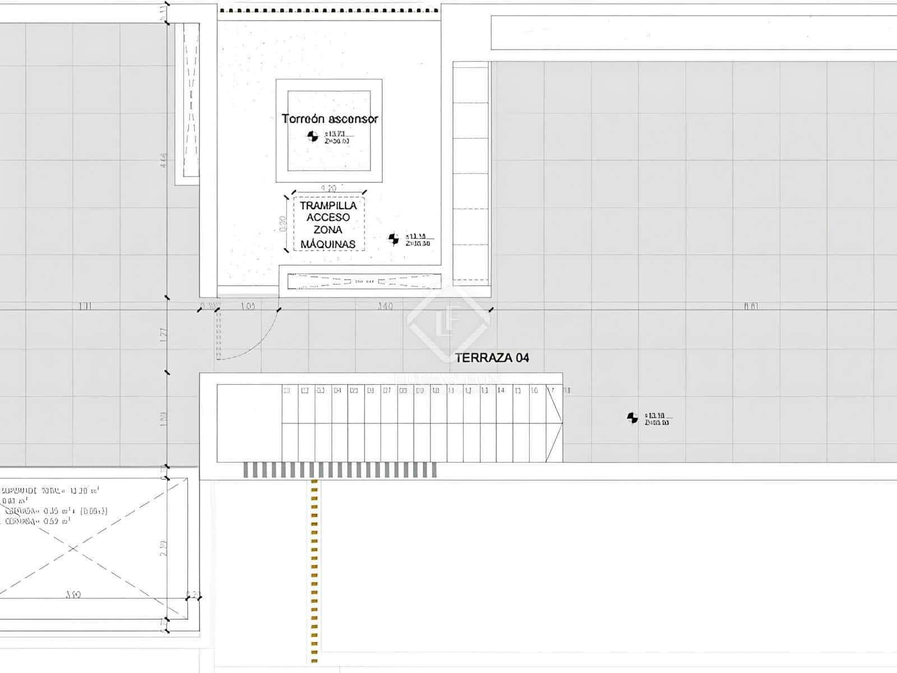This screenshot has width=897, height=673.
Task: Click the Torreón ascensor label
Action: [x=329, y=119]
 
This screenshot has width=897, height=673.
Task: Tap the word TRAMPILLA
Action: [x=328, y=206]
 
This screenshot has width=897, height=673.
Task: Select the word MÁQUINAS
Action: [x=328, y=244]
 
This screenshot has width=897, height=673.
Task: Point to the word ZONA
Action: [x=328, y=230]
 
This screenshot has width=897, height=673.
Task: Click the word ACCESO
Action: [x=328, y=218]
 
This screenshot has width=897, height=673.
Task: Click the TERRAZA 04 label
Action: [x=492, y=358]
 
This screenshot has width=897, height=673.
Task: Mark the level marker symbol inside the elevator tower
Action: [x=312, y=136]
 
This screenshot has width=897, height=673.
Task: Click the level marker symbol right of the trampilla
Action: [x=394, y=239]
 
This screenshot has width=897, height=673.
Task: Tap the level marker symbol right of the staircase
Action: [x=632, y=418]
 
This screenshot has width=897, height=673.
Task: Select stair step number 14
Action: [x=501, y=390]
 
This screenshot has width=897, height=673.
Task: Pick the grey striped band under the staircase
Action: [x=340, y=470]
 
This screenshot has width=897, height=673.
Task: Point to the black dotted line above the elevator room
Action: [x=329, y=11]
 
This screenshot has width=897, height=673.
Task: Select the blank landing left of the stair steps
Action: [x=249, y=423]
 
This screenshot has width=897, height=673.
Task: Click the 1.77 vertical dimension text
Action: [x=163, y=335]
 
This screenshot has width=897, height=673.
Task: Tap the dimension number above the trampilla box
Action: [x=329, y=189]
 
